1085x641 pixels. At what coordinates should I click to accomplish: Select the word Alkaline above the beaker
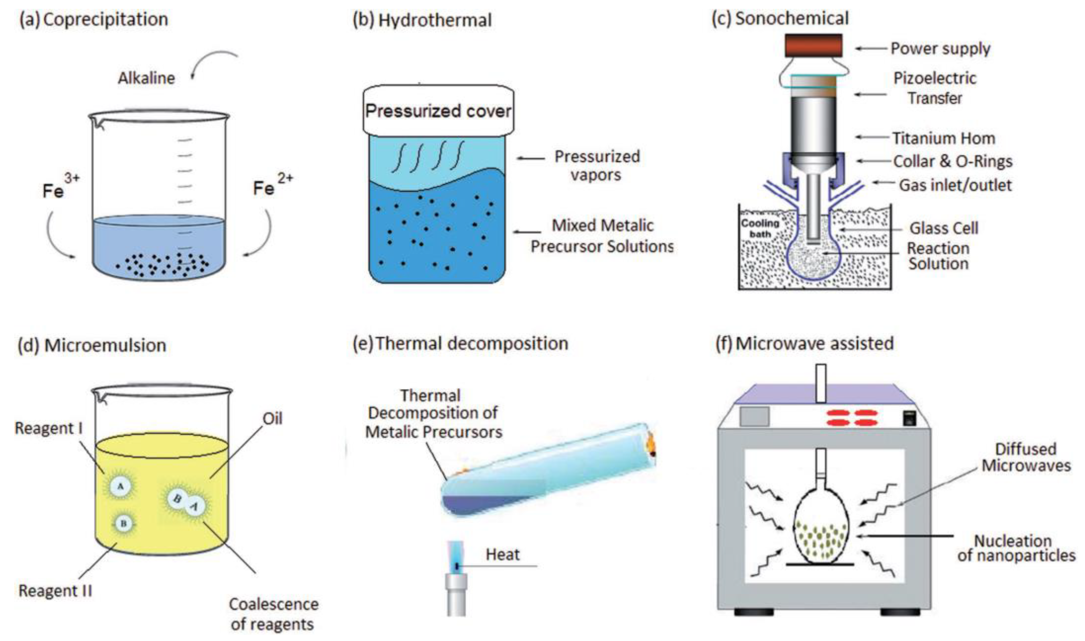pyautogui.click(x=146, y=78)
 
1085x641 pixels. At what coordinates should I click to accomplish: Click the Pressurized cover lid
pyautogui.click(x=438, y=111)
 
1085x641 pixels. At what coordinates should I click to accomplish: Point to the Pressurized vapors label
pyautogui.click(x=597, y=165)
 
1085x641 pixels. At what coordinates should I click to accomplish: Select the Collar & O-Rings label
pyautogui.click(x=952, y=161)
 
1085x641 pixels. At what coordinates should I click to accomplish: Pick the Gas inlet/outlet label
pyautogui.click(x=955, y=185)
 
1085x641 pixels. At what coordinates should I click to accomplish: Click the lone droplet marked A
pyautogui.click(x=120, y=486)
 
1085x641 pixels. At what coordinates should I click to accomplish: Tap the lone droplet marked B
pyautogui.click(x=123, y=524)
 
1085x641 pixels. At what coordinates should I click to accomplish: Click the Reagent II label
pyautogui.click(x=55, y=590)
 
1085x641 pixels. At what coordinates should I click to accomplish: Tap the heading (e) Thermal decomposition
pyautogui.click(x=460, y=344)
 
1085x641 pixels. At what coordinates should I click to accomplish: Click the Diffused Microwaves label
pyautogui.click(x=1026, y=457)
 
